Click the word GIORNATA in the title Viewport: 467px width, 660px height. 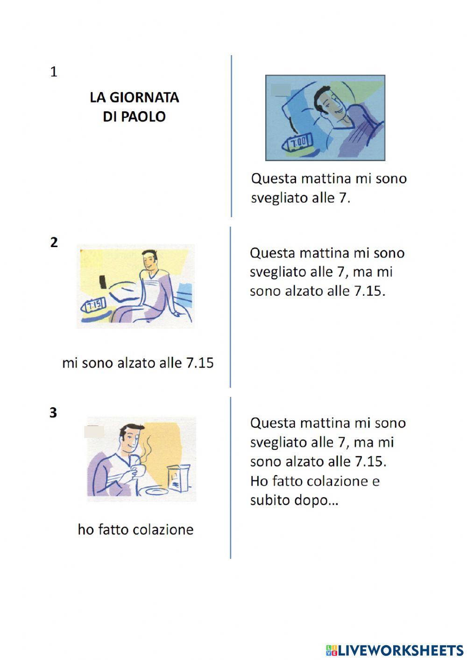point(144,97)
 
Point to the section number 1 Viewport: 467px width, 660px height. point(54,72)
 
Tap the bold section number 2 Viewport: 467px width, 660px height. point(54,242)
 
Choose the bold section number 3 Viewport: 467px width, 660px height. point(53,413)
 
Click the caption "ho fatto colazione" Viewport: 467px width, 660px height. point(135,530)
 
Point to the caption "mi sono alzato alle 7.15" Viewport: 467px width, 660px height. point(138,363)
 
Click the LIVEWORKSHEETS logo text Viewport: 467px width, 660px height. point(401,650)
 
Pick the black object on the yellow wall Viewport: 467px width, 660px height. point(103,282)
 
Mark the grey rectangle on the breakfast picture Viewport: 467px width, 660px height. point(94,432)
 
